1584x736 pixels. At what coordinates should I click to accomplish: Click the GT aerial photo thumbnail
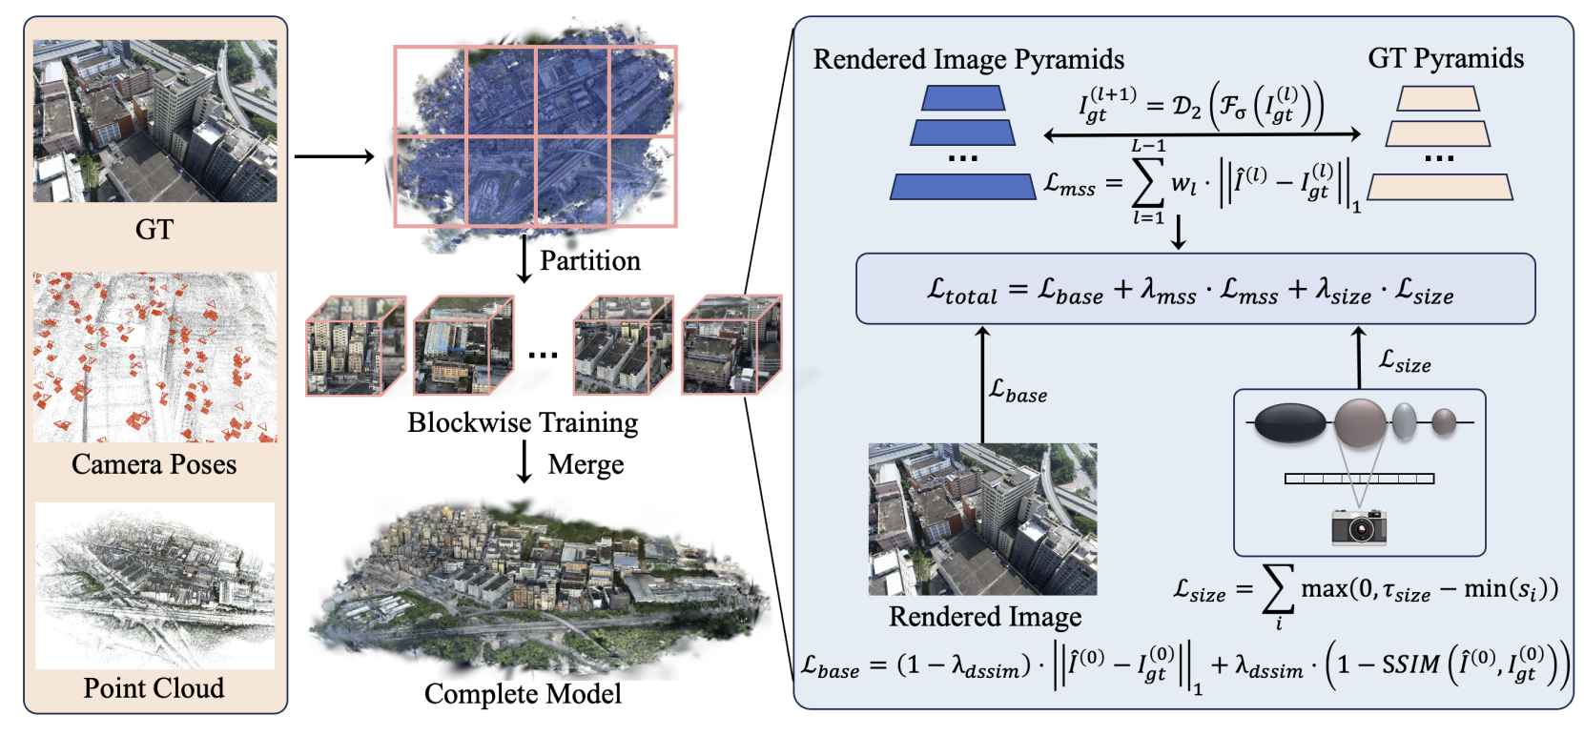[154, 121]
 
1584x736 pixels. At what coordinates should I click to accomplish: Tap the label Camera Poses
[154, 464]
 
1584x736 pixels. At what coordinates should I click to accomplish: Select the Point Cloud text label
[154, 687]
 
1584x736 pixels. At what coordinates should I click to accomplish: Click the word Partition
[589, 260]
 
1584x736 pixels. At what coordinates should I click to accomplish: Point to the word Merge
[586, 464]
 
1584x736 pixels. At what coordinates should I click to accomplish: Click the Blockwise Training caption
[523, 422]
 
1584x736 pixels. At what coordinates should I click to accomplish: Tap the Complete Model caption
[523, 693]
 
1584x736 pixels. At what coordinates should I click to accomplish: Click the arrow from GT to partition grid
[334, 156]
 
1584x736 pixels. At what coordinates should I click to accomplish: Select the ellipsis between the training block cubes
[543, 356]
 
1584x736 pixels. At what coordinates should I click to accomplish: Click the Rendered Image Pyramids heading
[968, 59]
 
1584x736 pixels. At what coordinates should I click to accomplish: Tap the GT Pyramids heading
[1445, 58]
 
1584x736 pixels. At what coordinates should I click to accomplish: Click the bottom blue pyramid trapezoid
[962, 187]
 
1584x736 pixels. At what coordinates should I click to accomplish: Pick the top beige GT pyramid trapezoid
[1438, 99]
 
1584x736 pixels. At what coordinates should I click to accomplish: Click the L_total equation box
[1195, 289]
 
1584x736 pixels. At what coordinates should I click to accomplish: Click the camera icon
[1358, 525]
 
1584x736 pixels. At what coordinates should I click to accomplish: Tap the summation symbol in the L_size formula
[1278, 588]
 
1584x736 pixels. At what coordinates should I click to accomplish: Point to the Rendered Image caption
[985, 617]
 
